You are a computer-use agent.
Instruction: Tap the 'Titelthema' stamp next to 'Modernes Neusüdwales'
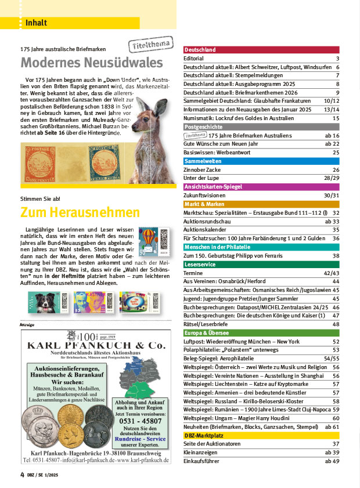[143, 46]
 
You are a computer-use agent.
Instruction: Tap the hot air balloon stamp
[146, 238]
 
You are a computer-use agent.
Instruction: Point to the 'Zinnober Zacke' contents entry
[201, 169]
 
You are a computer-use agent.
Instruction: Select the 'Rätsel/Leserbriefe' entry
[208, 324]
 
